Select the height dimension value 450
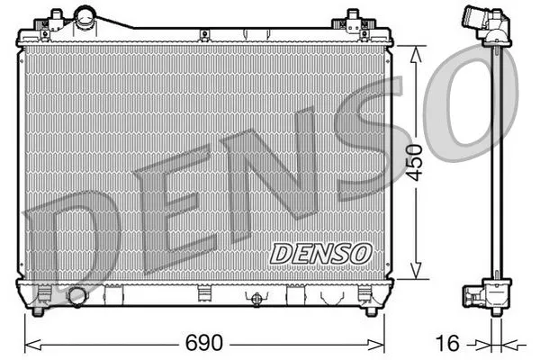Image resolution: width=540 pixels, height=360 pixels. [415, 162]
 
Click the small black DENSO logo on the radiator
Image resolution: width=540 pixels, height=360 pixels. [319, 252]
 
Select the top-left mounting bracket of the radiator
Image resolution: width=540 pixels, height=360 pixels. [57, 18]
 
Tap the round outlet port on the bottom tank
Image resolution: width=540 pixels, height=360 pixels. [77, 296]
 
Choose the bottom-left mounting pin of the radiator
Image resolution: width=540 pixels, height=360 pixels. [38, 310]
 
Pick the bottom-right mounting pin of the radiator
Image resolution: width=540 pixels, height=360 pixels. [369, 310]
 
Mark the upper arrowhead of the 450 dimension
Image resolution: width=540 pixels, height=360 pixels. [415, 49]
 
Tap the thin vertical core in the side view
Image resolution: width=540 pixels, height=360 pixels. [496, 162]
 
